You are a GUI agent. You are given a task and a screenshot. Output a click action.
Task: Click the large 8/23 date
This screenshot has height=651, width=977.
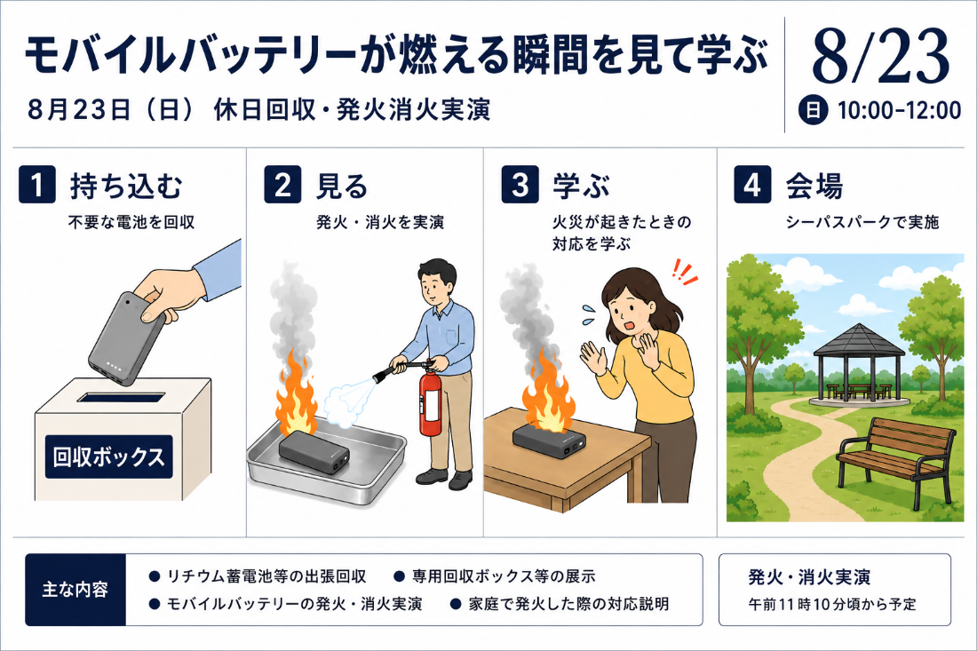pyautogui.click(x=880, y=57)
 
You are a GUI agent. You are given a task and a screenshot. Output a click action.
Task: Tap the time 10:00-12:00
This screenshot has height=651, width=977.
pyautogui.click(x=899, y=110)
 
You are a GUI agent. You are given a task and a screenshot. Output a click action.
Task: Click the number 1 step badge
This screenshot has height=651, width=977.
pyautogui.click(x=37, y=185)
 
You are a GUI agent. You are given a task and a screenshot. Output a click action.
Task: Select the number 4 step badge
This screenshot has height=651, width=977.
pyautogui.click(x=752, y=185)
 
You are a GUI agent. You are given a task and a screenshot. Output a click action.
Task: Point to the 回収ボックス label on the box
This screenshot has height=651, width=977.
pyautogui.click(x=109, y=456)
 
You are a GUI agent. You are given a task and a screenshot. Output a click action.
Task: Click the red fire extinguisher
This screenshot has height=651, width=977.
pyautogui.click(x=429, y=401)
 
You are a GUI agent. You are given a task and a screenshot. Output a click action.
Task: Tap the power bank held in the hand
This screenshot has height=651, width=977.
pyautogui.click(x=127, y=337)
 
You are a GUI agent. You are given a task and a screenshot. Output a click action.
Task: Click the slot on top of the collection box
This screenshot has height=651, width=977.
pyautogui.click(x=121, y=398)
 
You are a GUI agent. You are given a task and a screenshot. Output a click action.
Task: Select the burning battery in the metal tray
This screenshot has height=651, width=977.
pyautogui.click(x=313, y=452)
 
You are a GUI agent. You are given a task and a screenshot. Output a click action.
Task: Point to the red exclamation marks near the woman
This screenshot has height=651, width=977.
pyautogui.click(x=684, y=273)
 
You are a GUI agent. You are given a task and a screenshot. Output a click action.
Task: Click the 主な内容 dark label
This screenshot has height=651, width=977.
pyautogui.click(x=75, y=590)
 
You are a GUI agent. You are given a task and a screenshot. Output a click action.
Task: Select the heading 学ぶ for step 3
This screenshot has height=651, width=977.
pyautogui.click(x=581, y=186)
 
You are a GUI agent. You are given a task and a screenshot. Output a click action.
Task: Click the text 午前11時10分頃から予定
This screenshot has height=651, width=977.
pyautogui.click(x=832, y=604)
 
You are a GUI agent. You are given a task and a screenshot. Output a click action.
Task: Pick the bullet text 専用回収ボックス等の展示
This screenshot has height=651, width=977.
pyautogui.click(x=504, y=576)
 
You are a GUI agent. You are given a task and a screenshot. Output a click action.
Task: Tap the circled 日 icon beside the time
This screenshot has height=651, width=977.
pyautogui.click(x=813, y=110)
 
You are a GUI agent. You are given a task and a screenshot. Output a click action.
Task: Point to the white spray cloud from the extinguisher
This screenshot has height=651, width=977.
pyautogui.click(x=349, y=402)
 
